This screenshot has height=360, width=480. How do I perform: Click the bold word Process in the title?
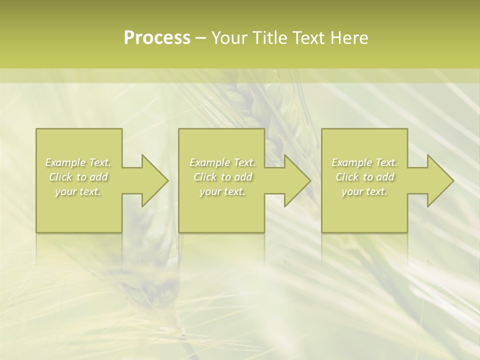pos(157,38)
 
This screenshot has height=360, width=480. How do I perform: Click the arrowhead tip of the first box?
pos(167,180)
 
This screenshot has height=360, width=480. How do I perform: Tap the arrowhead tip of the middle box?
pos(309,180)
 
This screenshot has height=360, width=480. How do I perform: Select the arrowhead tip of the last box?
pos(452,180)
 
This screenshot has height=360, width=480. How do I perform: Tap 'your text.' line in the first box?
pos(78,191)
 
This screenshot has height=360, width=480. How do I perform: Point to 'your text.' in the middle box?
pos(222,191)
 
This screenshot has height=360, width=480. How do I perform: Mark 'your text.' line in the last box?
pos(364,191)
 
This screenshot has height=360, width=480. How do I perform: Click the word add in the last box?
pos(385,177)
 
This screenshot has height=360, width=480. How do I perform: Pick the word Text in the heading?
pos(309,38)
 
